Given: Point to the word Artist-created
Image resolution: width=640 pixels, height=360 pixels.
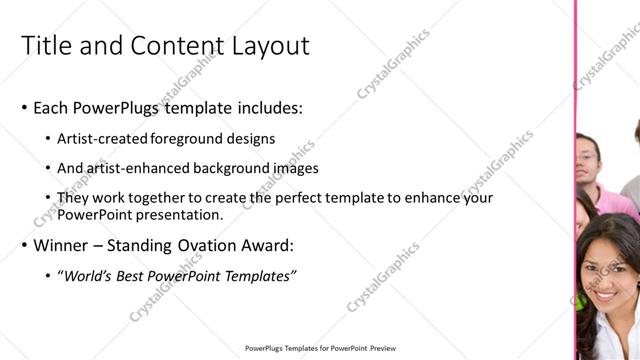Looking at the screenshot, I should [102, 138].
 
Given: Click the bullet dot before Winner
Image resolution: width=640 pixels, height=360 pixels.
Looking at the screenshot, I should [24, 245].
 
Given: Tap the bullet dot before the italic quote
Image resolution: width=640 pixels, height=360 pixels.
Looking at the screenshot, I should [49, 276].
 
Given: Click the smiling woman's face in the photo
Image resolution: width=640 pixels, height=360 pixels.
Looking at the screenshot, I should [605, 274].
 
